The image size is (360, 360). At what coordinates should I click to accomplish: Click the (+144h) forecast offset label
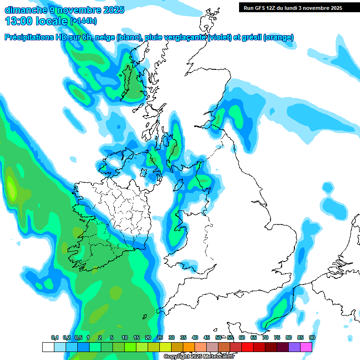click(x=83, y=21)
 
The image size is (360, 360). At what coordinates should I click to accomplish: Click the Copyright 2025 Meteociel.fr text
click(x=199, y=357)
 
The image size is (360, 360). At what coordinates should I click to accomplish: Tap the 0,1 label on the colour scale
click(x=55, y=338)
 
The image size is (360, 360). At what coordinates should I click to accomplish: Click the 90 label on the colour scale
click(x=312, y=338)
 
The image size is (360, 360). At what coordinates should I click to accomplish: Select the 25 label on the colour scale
click(x=160, y=338)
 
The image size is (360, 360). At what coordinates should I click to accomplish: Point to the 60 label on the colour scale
click(x=242, y=338)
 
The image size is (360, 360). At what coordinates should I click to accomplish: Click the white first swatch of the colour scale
click(x=48, y=347)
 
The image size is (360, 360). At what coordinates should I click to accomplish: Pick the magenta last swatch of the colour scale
click(x=306, y=347)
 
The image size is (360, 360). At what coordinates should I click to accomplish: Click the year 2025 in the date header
click(x=111, y=9)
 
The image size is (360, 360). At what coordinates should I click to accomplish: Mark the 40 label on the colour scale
click(x=195, y=338)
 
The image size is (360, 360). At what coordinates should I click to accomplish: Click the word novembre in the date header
click(x=75, y=9)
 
